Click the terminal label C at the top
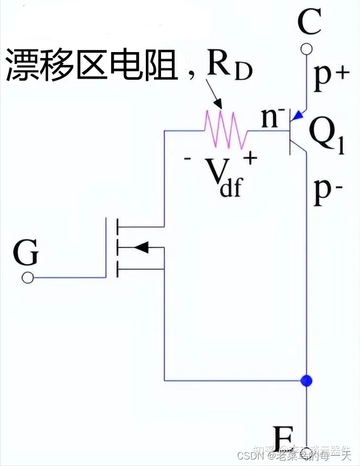pyautogui.click(x=310, y=23)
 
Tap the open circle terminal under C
pyautogui.click(x=307, y=50)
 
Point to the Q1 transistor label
pyautogui.click(x=327, y=138)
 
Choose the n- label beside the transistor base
pyautogui.click(x=273, y=119)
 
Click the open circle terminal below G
pyautogui.click(x=27, y=278)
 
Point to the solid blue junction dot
pyautogui.click(x=307, y=380)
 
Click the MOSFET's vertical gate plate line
pyautogui.click(x=107, y=247)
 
